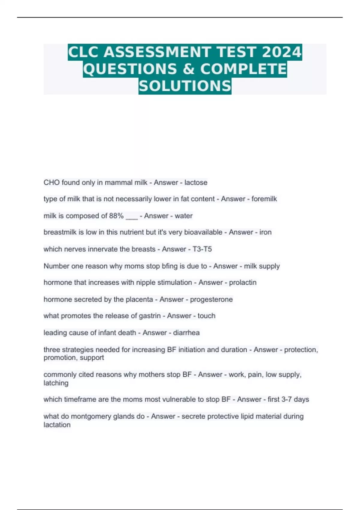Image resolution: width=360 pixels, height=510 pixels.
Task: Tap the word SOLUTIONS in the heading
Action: pyautogui.click(x=185, y=86)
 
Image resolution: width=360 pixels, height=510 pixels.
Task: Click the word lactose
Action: pyautogui.click(x=196, y=182)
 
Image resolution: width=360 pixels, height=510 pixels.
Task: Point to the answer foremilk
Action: pyautogui.click(x=264, y=199)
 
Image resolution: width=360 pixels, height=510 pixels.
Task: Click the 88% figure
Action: pyautogui.click(x=116, y=216)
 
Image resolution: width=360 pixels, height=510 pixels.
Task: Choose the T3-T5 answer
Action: pyautogui.click(x=202, y=249)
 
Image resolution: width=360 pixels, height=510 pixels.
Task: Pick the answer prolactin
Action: pyautogui.click(x=243, y=283)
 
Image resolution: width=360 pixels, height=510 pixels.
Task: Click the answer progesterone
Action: pyautogui.click(x=211, y=299)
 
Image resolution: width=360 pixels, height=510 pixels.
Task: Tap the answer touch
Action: pyautogui.click(x=206, y=316)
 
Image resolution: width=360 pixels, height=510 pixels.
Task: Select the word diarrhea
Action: pyautogui.click(x=186, y=333)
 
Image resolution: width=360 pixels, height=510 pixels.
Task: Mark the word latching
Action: pyautogui.click(x=56, y=383)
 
